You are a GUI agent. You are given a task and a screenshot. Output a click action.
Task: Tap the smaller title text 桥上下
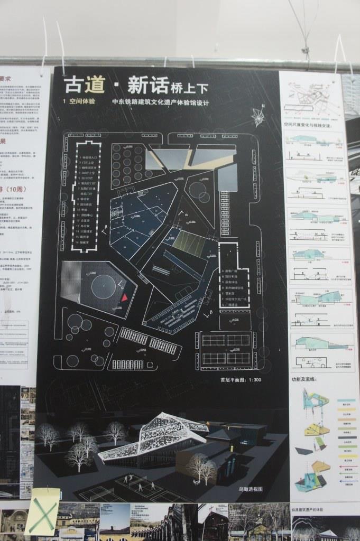[x=189, y=86]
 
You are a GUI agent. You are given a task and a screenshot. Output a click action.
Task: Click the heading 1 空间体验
[x=79, y=101]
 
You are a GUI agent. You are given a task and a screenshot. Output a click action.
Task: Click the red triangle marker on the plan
[x=125, y=298]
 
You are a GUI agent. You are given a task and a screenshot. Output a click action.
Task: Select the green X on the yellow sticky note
[x=42, y=514]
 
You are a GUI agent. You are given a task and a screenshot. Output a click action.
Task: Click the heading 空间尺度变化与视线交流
[x=307, y=126]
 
